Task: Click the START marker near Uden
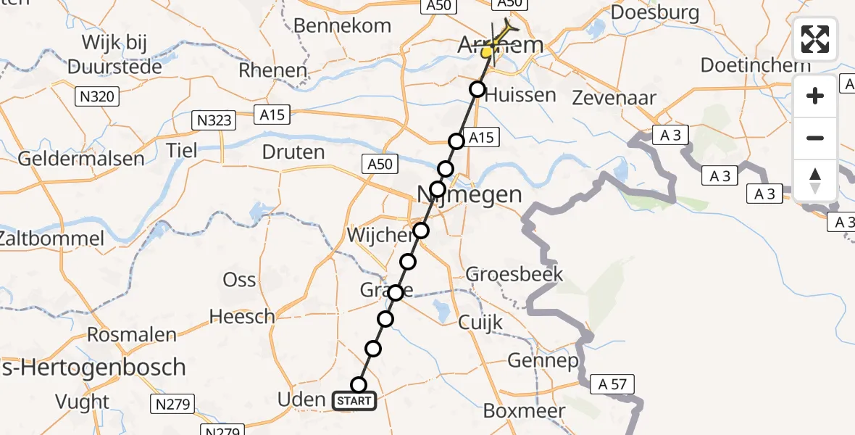[354, 400]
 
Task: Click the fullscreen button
[815, 39]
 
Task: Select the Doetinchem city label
[755, 65]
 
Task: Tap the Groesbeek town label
[514, 275]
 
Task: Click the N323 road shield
[214, 120]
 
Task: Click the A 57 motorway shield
[613, 384]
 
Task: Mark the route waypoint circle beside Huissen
[477, 89]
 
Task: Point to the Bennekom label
[342, 25]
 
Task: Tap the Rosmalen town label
[131, 335]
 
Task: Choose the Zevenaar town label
[614, 98]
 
